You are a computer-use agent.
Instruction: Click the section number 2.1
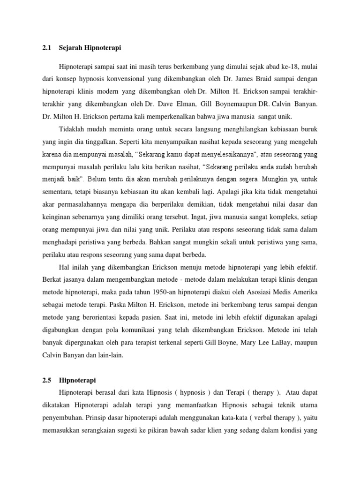pyautogui.click(x=46, y=47)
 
